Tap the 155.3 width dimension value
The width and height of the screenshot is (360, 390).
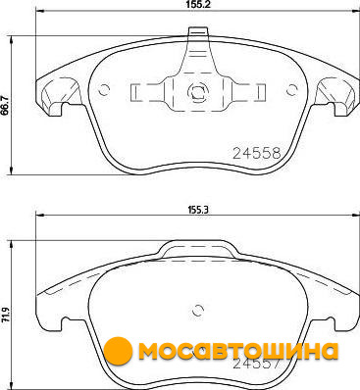pos(198,210)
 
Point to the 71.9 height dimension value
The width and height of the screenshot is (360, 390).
pos(5,316)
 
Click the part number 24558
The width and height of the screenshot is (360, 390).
pos(257,153)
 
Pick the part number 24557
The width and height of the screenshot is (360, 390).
pos(256,364)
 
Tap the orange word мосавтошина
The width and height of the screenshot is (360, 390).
pos(238,351)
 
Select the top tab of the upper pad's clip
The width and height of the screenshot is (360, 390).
pos(198,31)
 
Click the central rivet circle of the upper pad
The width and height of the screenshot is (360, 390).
pos(197,91)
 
